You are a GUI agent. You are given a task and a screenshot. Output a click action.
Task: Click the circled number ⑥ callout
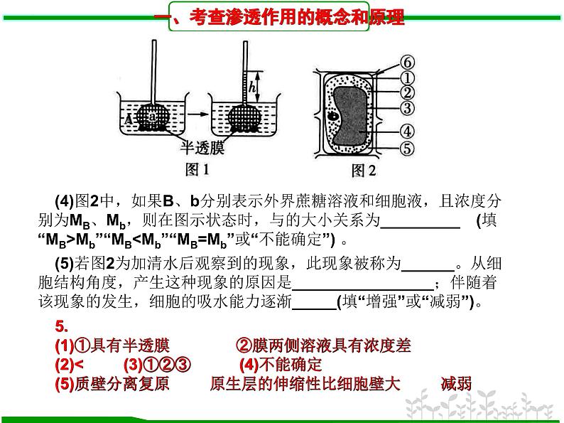(407, 63)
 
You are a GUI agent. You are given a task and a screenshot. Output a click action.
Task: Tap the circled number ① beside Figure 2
(407, 77)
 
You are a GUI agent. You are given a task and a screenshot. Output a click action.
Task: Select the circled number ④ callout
(407, 131)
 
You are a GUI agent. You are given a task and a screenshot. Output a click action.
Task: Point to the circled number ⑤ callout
(407, 149)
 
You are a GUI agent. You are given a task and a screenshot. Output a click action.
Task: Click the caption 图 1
(197, 170)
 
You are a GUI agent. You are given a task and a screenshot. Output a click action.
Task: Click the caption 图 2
(364, 171)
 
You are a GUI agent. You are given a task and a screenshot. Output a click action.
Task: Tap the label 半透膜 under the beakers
(202, 148)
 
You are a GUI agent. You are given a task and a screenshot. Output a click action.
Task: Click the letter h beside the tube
(252, 87)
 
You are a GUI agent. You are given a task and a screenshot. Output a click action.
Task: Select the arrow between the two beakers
(198, 114)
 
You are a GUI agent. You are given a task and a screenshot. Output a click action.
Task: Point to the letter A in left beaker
(129, 119)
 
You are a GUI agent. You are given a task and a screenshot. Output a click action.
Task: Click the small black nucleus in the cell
(333, 116)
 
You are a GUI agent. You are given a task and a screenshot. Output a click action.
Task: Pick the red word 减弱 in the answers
(456, 384)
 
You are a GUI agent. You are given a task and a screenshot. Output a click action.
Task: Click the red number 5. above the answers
(62, 326)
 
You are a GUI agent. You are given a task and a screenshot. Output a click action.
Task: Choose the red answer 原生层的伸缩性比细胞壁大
(305, 384)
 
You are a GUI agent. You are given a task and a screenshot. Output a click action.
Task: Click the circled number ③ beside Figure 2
(407, 107)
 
